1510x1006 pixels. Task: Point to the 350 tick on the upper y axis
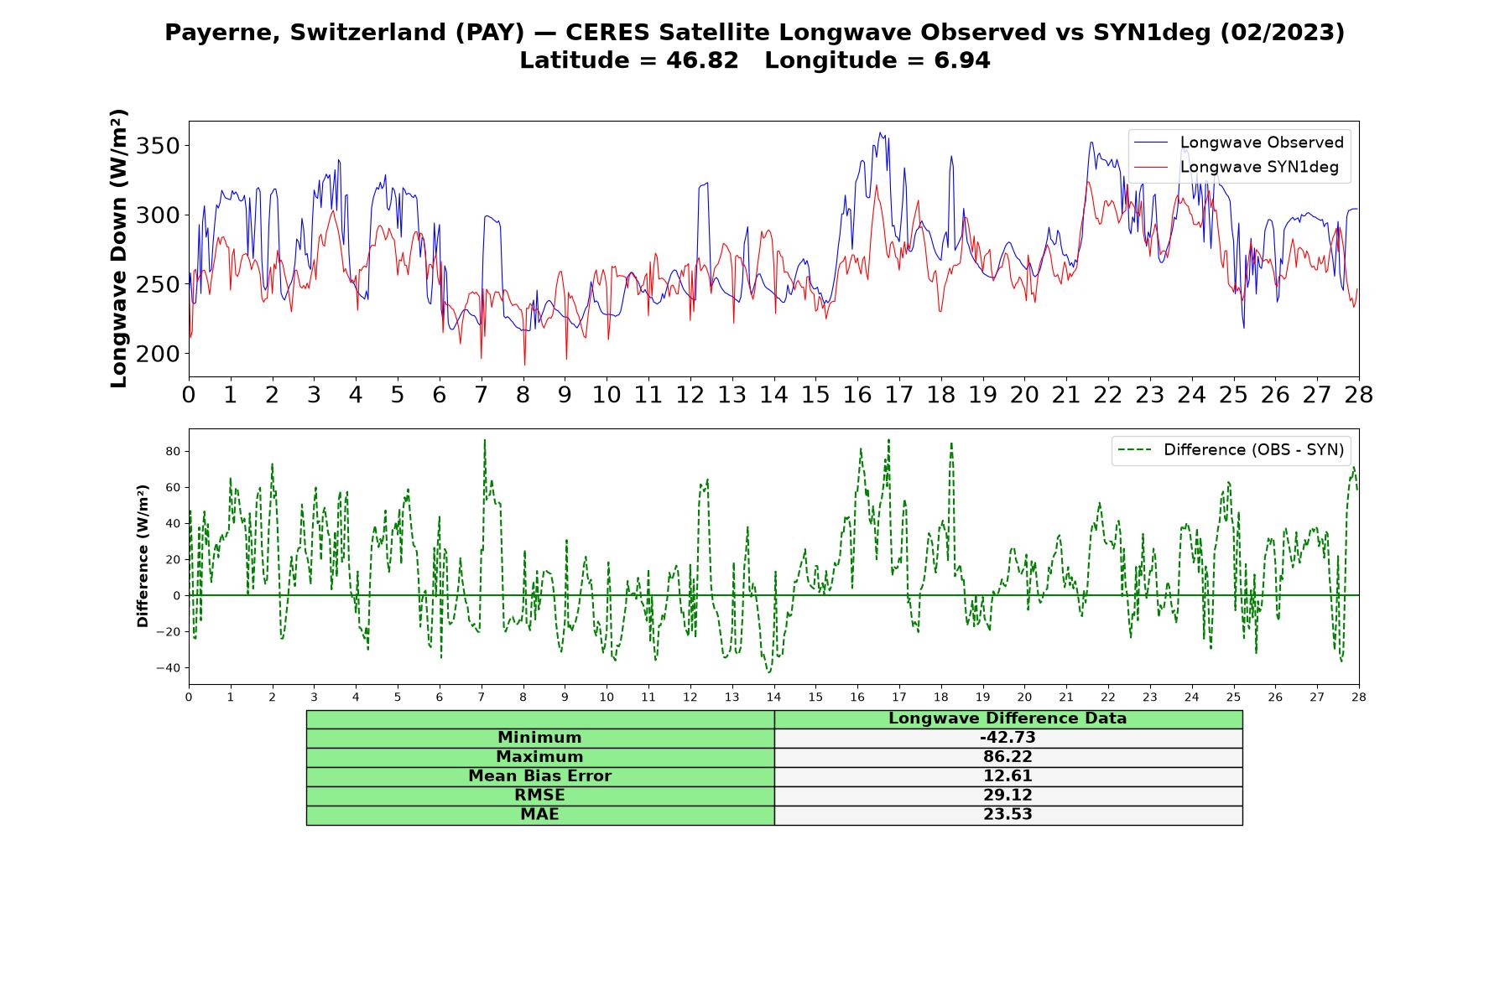(159, 146)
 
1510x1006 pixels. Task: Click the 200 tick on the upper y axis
(159, 354)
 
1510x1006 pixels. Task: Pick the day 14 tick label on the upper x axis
(773, 395)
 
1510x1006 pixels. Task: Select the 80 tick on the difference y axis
(173, 451)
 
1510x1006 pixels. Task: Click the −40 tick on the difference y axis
(169, 668)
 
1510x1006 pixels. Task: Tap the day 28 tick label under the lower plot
(1358, 697)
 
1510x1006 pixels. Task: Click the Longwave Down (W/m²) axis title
(118, 248)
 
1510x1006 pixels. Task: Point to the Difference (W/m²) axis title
(143, 556)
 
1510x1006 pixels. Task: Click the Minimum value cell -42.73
(1008, 738)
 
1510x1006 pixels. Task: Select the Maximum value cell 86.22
(1008, 757)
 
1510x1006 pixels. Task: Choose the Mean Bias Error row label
(539, 776)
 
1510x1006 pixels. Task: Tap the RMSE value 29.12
(1008, 796)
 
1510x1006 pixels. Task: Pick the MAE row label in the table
(539, 815)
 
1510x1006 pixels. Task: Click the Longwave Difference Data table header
(1008, 718)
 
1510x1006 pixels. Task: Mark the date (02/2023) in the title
(1282, 33)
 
